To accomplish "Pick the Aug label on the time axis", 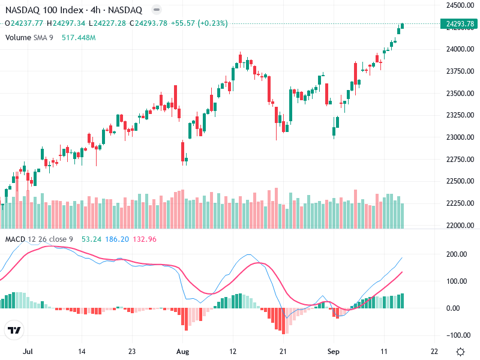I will coord(183,351).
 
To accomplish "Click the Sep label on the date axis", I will coord(334,351).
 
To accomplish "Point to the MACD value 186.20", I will coord(116,239).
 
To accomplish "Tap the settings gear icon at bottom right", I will coord(460,351).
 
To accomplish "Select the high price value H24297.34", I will coord(69,23).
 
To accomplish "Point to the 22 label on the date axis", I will coord(434,351).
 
